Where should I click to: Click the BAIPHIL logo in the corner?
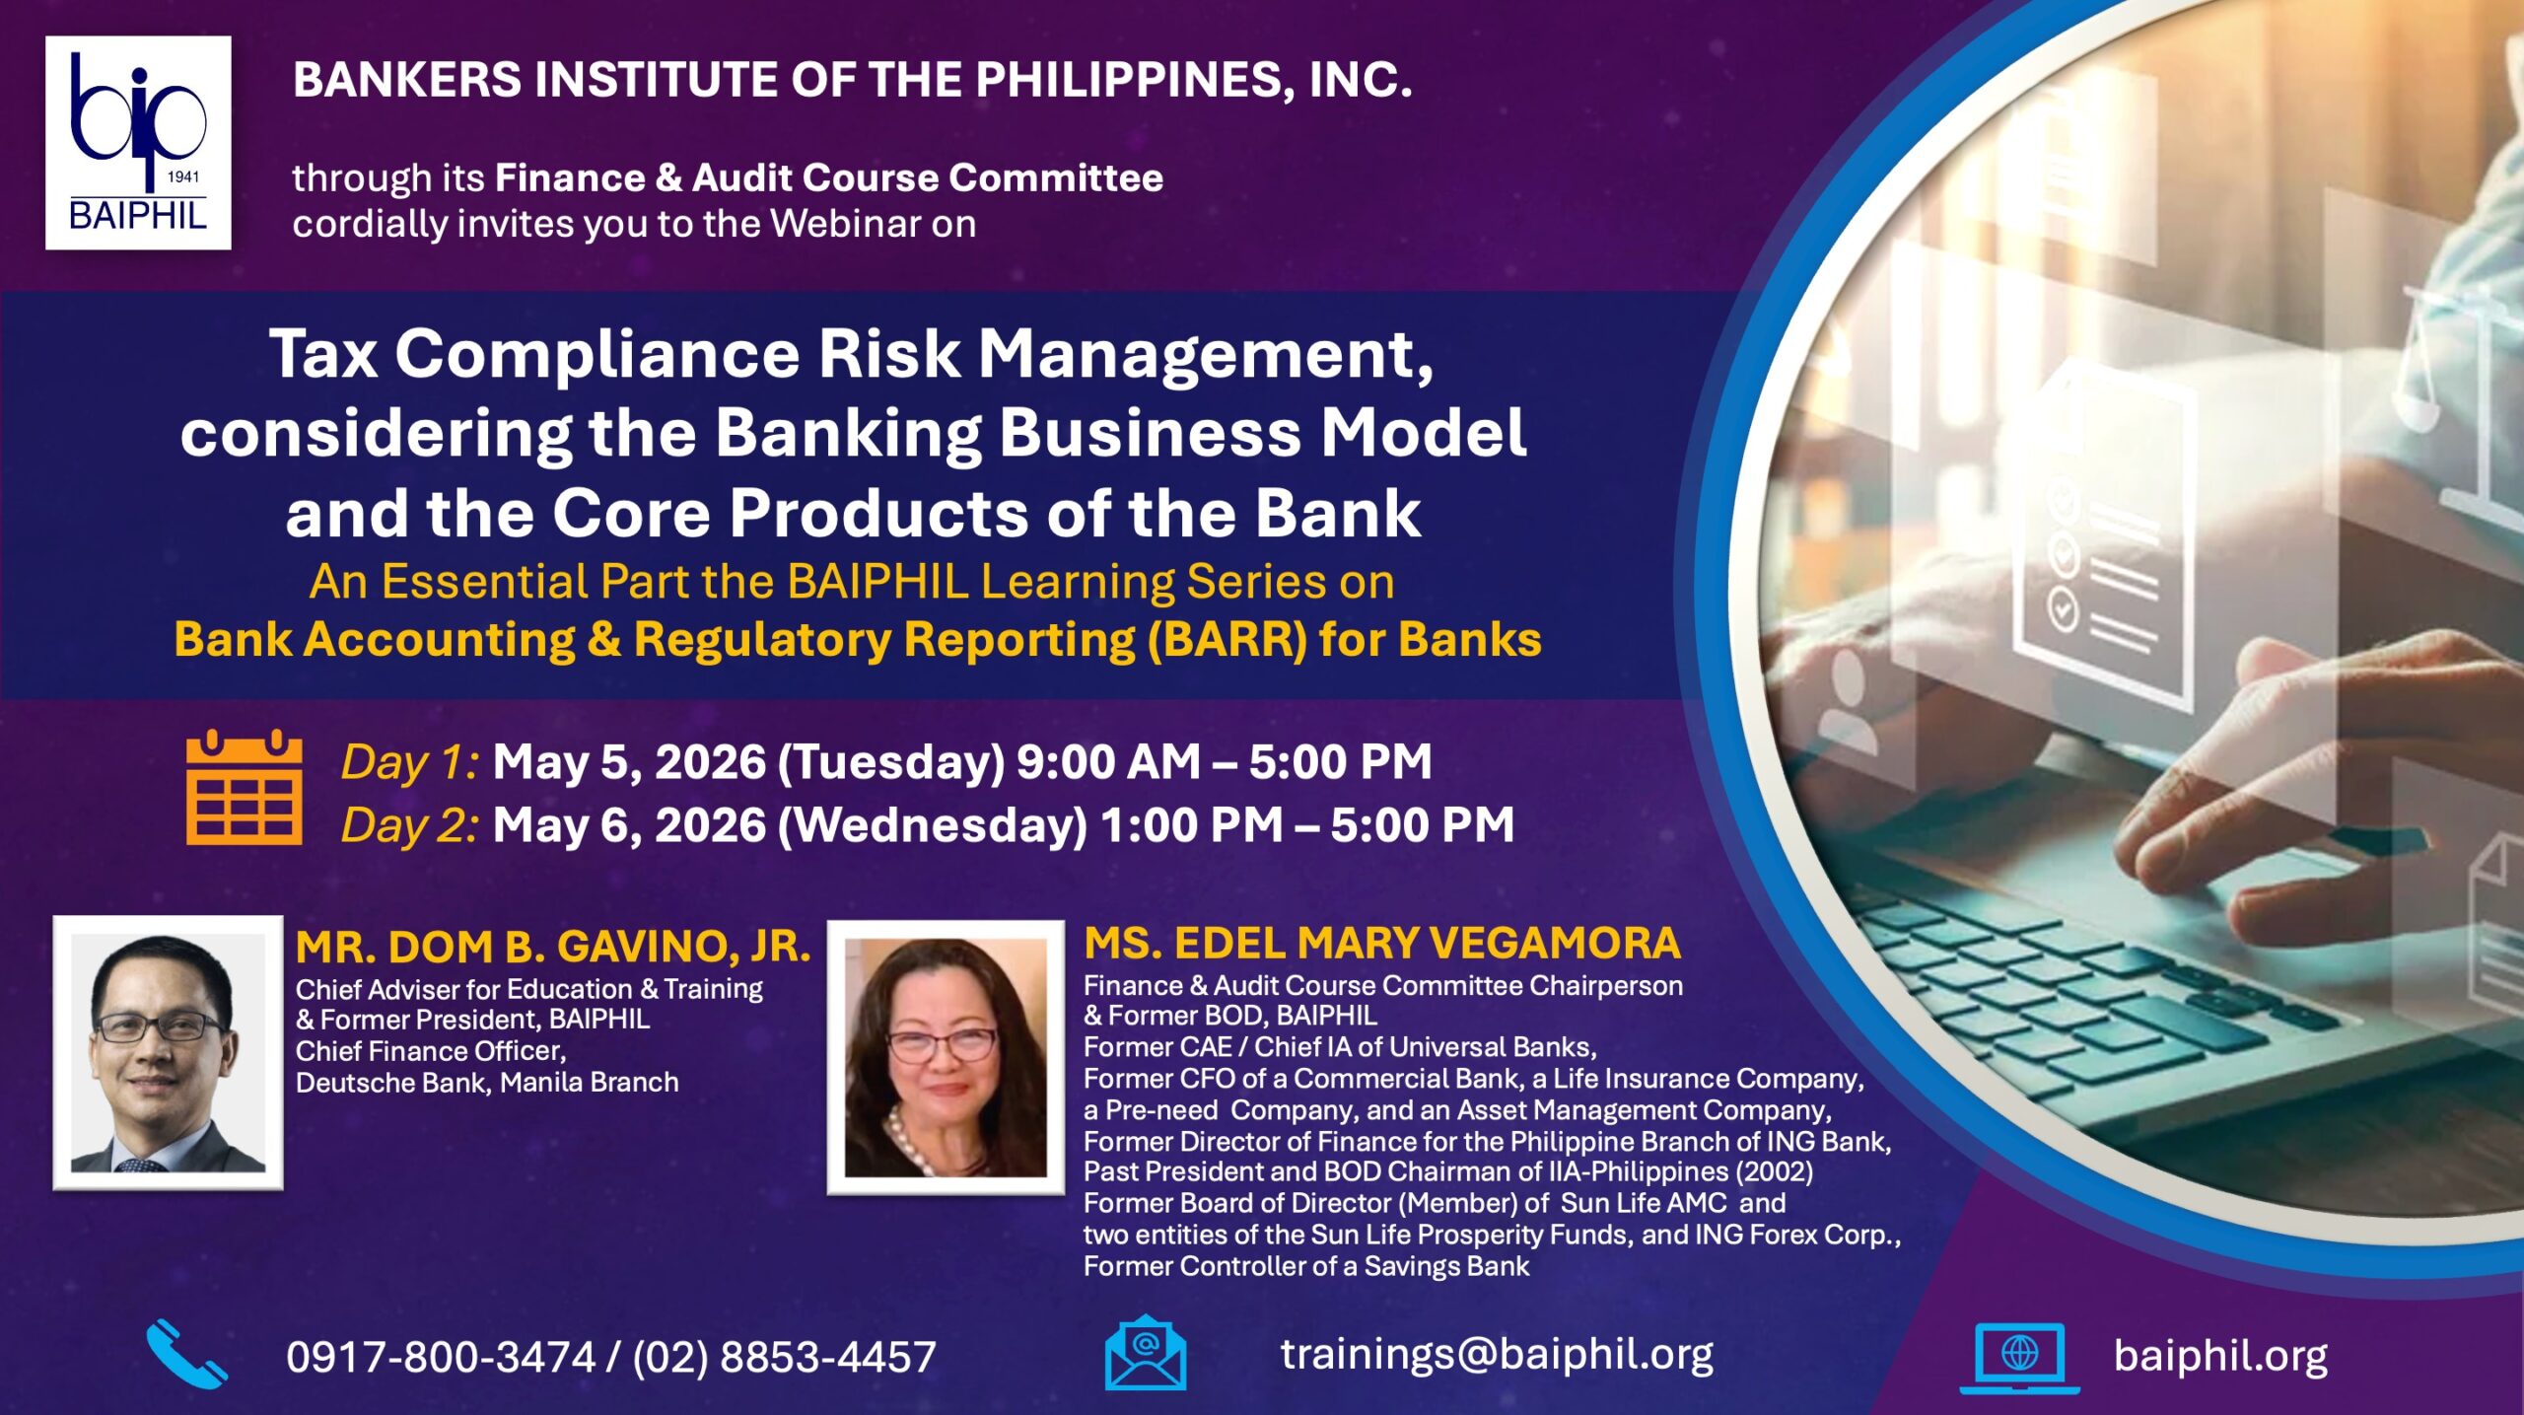(138, 143)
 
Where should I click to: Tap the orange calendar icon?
(245, 787)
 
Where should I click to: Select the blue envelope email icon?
(1145, 1352)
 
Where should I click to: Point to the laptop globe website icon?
(2019, 1358)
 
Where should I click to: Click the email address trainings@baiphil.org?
(1497, 1354)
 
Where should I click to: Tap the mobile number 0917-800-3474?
(441, 1357)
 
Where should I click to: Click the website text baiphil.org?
(2220, 1357)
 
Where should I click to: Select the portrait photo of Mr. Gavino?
(168, 1052)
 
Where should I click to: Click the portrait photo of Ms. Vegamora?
(946, 1057)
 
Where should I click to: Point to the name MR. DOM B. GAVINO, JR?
(553, 947)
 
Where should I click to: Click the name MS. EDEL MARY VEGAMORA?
(1382, 943)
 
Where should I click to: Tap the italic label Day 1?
(410, 762)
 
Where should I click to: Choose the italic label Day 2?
(410, 825)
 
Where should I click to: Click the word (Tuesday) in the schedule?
(891, 762)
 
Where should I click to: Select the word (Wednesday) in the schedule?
(933, 825)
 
